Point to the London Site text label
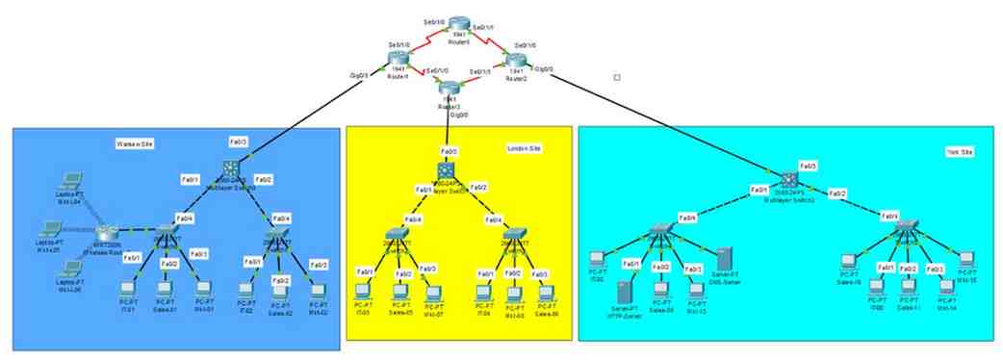point(525,147)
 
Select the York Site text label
point(960,152)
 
